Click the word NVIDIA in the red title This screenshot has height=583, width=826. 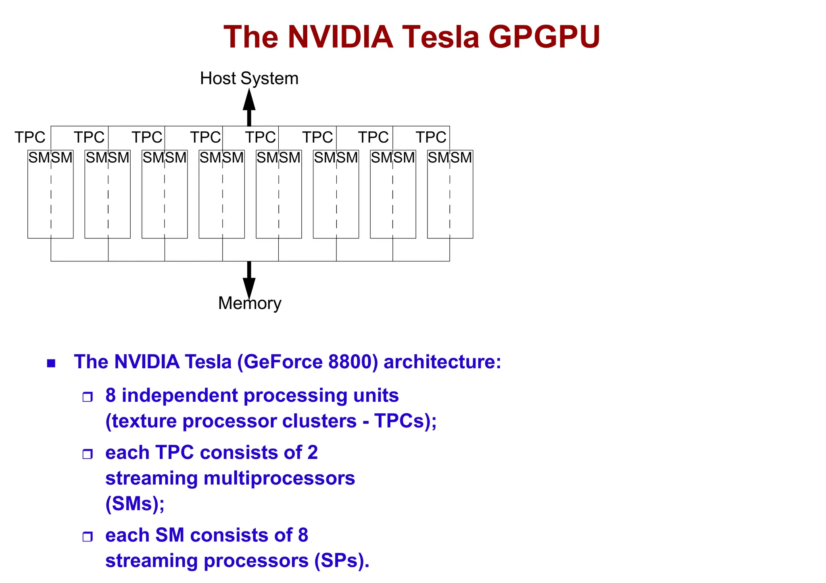coord(340,37)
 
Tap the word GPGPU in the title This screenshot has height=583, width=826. coord(544,37)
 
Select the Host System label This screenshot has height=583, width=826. coord(249,78)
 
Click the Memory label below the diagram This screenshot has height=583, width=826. coord(250,303)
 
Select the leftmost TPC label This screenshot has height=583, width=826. coord(30,137)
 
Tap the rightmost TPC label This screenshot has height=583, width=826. coord(431,137)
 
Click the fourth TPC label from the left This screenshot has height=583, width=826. coord(206,137)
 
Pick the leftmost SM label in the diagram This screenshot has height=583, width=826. coord(39,158)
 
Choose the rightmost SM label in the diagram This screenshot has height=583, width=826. coord(461,158)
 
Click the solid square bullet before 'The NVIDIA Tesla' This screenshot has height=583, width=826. coord(51,363)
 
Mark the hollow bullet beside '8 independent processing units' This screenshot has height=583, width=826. coord(88,397)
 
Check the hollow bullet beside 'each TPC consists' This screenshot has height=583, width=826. coord(88,454)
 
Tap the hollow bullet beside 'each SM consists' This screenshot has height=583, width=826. coord(88,537)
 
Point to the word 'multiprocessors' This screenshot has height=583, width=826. coord(279,479)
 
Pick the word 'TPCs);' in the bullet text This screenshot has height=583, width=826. coord(405,421)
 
